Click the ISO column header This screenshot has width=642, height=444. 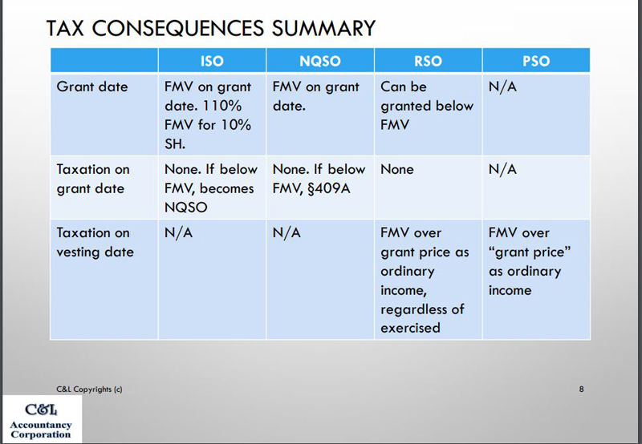pos(212,61)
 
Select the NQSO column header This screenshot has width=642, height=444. pos(320,61)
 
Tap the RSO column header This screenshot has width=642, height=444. pos(428,61)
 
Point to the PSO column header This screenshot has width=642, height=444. pos(536,61)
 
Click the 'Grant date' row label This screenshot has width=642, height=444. pos(92,87)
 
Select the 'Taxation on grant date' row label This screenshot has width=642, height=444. pos(93,179)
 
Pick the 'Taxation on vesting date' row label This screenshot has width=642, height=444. pos(95,243)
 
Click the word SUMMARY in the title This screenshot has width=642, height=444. pos(323,28)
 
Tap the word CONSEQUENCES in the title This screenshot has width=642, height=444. pos(177,28)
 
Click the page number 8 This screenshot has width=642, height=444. pos(581,389)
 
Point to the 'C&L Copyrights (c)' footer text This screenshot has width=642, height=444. pos(89,390)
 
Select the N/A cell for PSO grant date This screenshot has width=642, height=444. pos(502,87)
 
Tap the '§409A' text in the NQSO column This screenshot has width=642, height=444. pos(329,188)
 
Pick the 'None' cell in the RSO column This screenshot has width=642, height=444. pos(397,169)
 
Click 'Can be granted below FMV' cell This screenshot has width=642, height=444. pos(427,106)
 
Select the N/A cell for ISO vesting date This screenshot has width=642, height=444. pos(178,232)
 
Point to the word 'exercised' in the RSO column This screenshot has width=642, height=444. pos(410,328)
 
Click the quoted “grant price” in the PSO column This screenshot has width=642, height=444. pos(530,252)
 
